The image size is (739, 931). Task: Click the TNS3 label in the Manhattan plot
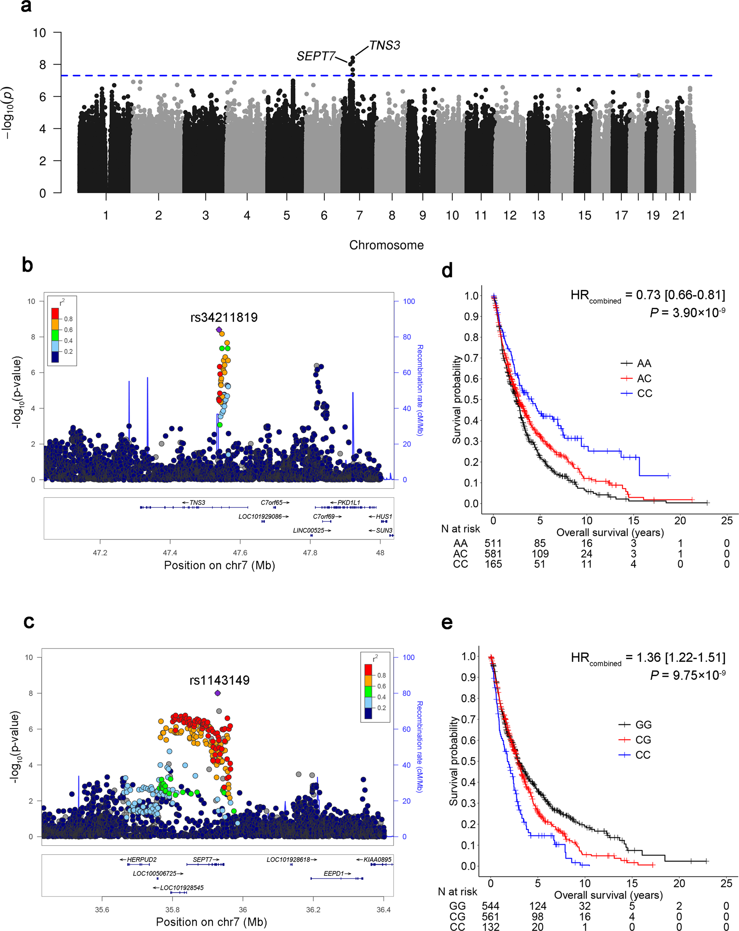pyautogui.click(x=385, y=45)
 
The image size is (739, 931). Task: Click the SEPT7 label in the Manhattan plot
pyautogui.click(x=316, y=56)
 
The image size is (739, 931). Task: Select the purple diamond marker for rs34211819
pyautogui.click(x=219, y=329)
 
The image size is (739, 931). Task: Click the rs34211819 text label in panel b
pyautogui.click(x=224, y=318)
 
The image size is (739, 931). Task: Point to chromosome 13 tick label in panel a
pyautogui.click(x=538, y=216)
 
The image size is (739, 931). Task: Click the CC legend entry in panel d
pyautogui.click(x=644, y=393)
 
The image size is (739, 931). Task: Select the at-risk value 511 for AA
pyautogui.click(x=493, y=543)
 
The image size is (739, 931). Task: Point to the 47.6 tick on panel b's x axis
pyautogui.click(x=240, y=553)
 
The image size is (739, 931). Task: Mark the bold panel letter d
pyautogui.click(x=447, y=271)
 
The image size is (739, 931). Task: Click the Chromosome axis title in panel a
pyautogui.click(x=386, y=245)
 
